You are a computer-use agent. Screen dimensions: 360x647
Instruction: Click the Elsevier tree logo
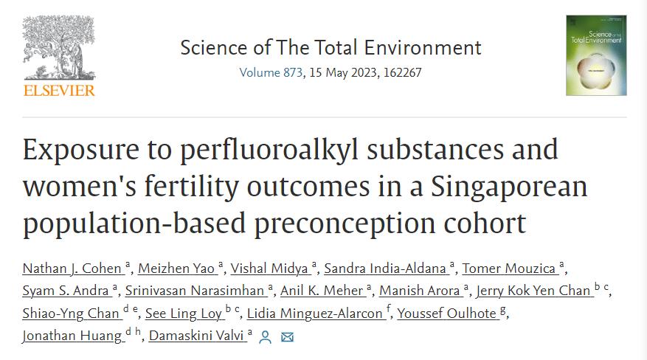coord(59,46)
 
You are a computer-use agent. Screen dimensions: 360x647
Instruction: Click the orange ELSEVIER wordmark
coord(59,91)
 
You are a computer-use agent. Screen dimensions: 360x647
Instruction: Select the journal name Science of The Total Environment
coord(331,48)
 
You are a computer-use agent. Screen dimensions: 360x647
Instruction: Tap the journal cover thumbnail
coord(596,55)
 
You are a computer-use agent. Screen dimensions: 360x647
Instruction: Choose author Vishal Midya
coord(267,268)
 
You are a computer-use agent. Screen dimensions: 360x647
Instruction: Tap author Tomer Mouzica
coord(509,268)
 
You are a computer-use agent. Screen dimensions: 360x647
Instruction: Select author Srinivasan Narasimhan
coord(194,291)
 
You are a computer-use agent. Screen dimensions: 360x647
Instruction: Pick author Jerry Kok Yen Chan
coord(533,291)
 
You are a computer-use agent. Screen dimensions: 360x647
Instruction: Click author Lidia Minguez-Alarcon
coord(314,314)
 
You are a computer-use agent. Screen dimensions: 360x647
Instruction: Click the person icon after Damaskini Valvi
coord(266,337)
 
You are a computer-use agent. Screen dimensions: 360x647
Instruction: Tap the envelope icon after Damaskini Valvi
coord(287,337)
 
